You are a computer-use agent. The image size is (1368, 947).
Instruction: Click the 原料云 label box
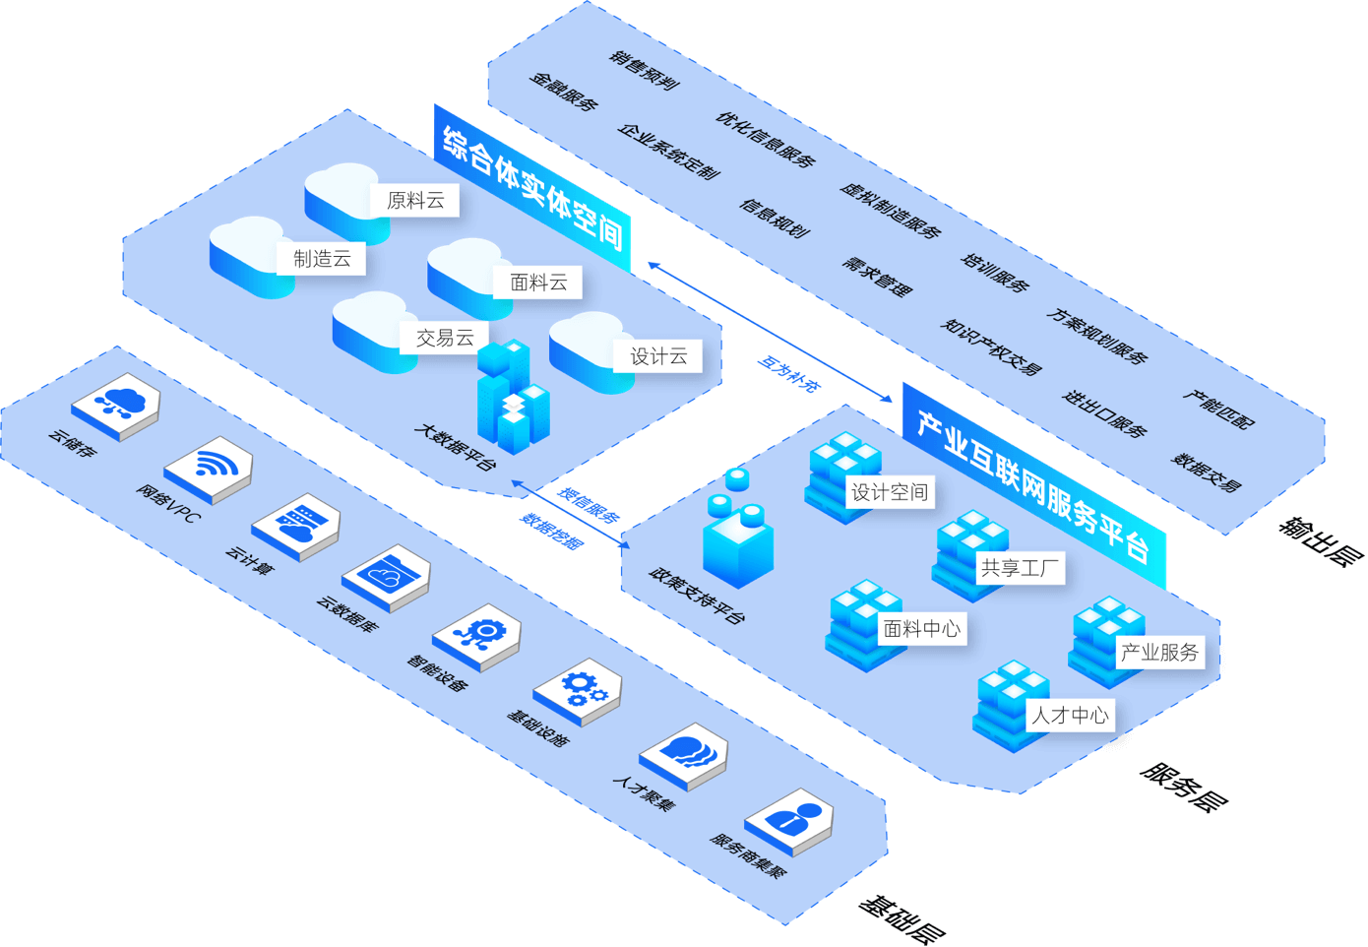pos(415,201)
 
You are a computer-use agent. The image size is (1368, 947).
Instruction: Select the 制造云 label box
pos(322,259)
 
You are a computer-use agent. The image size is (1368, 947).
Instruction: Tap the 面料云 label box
pos(538,283)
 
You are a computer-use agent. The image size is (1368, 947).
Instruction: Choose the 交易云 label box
pos(445,338)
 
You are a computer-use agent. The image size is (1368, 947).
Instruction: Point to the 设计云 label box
pos(658,356)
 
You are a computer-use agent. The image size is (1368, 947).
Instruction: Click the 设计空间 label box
pos(889,492)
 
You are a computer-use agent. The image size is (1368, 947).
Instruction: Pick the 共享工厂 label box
pos(1020,568)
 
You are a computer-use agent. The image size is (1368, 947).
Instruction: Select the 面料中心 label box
pos(921,628)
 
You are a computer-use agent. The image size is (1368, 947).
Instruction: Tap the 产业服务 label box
pos(1159,652)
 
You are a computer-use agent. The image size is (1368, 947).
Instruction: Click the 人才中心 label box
pos(1070,716)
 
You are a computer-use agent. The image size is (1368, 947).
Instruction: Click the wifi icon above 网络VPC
pos(209,463)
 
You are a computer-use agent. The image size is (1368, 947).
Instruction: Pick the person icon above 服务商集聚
pos(791,817)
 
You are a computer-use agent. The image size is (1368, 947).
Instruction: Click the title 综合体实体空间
pos(532,188)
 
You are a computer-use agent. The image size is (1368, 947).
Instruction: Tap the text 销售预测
pos(645,70)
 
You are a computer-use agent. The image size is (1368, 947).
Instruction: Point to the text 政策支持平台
pos(697,596)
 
